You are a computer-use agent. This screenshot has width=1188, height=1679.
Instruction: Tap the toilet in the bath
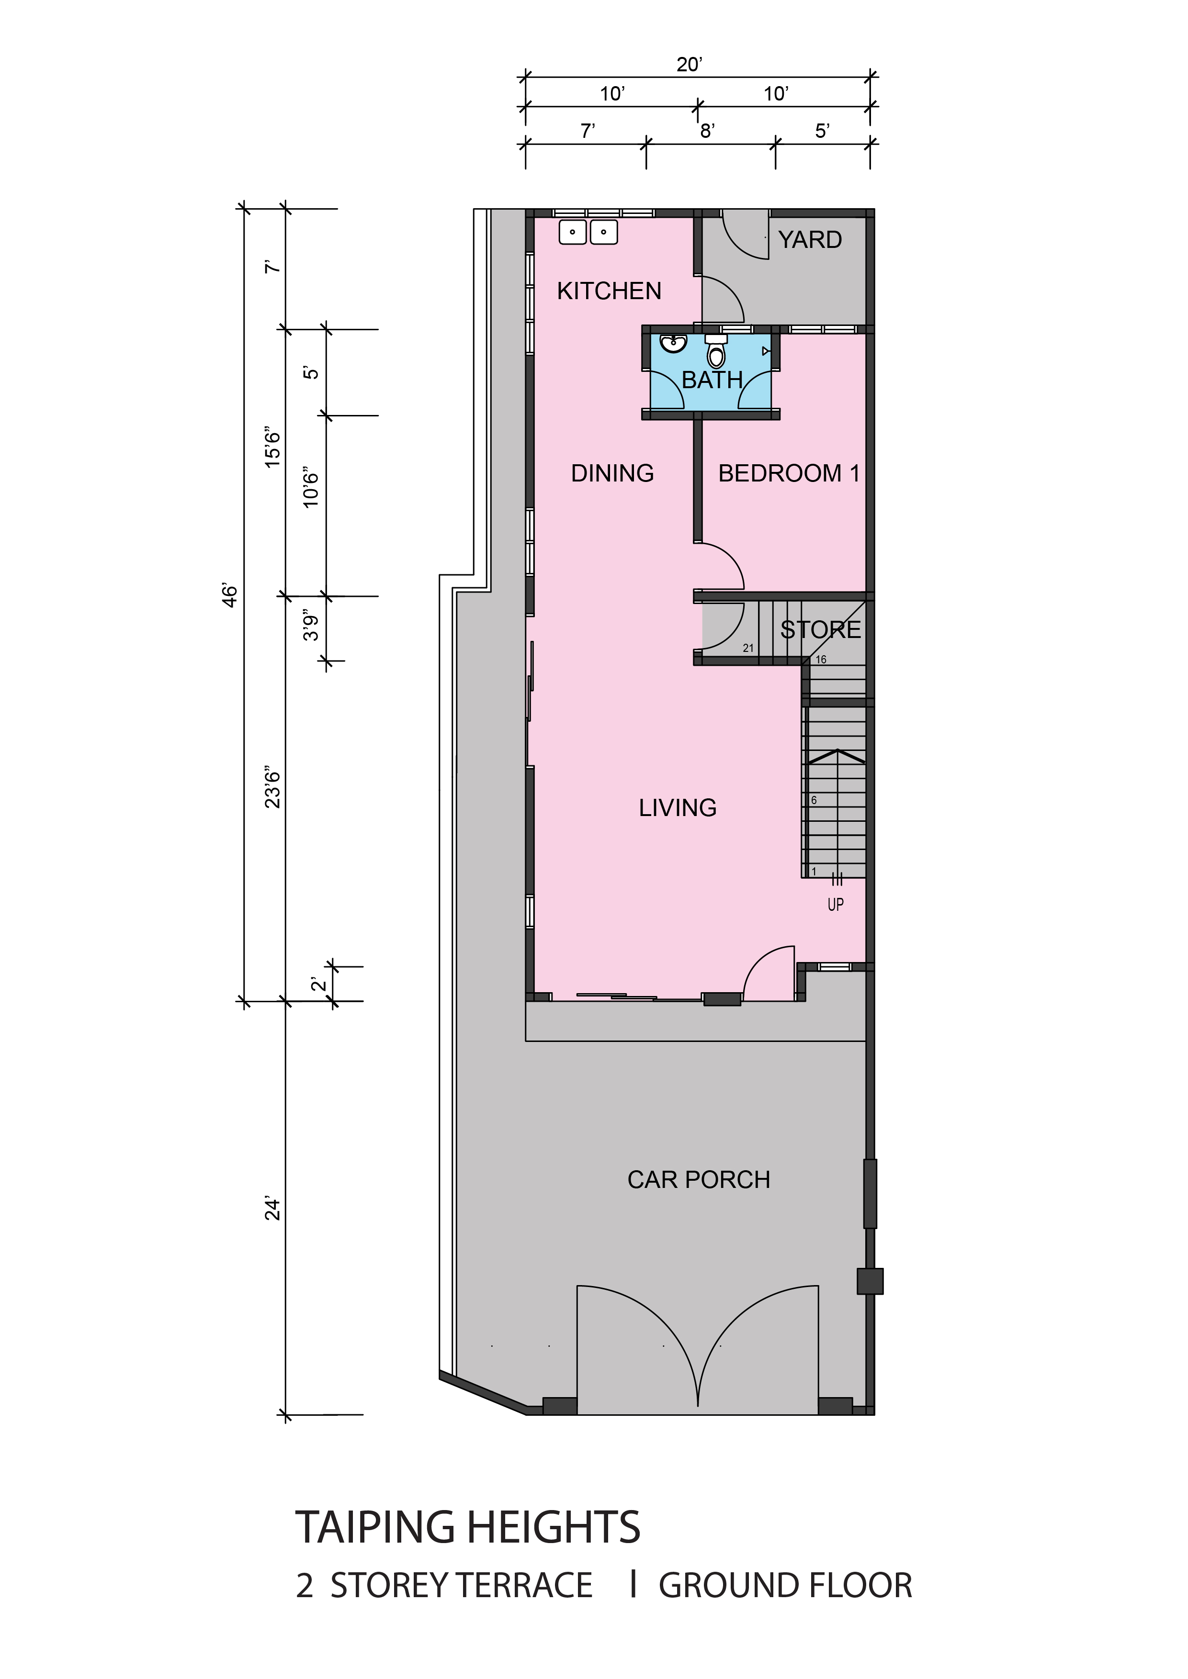pos(716,352)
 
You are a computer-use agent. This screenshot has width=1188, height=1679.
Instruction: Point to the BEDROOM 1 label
pos(789,473)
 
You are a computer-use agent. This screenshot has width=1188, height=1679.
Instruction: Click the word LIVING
pos(678,807)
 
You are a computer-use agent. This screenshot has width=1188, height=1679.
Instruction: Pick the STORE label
pos(821,630)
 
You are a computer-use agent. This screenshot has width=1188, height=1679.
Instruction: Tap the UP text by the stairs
pos(836,905)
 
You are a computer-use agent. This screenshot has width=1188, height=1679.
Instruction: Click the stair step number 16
pos(821,660)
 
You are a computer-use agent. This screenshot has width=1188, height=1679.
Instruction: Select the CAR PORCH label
pos(699,1179)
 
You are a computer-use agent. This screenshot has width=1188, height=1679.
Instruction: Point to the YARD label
pos(810,240)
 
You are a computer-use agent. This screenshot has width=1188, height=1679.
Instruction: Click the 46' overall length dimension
pos(230,595)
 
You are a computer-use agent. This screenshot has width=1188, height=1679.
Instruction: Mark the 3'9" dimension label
pos(312,625)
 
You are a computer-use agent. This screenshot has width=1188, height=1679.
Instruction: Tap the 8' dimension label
pos(707,131)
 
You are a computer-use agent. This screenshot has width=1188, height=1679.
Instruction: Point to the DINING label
pos(612,473)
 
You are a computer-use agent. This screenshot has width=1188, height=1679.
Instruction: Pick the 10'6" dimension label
pos(312,488)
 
